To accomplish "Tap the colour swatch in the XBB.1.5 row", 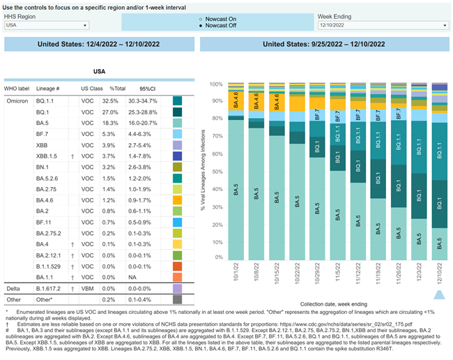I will pos(178,158).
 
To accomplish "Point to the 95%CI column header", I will pos(147,89).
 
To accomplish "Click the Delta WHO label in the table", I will pos(14,287).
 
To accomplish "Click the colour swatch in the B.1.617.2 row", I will pos(178,287).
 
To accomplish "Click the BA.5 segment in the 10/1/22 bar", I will pos(238,195).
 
